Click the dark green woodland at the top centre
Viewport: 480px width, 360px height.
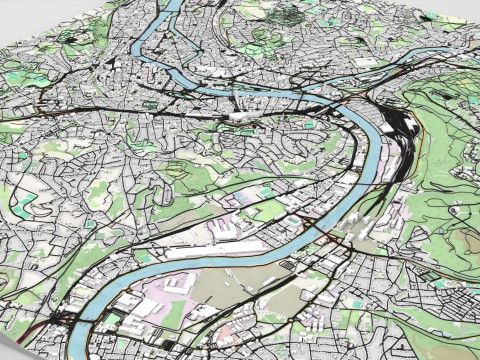point(290,14)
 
